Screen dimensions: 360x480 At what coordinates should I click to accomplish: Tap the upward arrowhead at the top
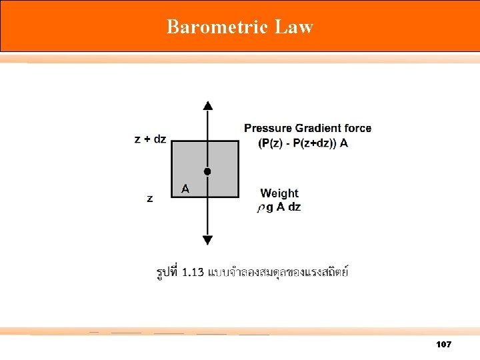(208, 105)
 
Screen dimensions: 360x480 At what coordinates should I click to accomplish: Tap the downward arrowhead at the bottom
(208, 240)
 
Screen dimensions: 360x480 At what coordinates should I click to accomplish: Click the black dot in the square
(207, 171)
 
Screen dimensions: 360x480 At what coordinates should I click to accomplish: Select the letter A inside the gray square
(185, 189)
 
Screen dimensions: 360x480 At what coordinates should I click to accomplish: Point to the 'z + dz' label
(150, 139)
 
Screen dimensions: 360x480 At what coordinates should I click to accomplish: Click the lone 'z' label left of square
(149, 198)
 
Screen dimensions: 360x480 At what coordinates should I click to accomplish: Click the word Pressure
(267, 128)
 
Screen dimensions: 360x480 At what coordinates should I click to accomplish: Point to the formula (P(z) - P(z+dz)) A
(303, 143)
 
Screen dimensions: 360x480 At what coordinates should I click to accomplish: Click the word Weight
(279, 193)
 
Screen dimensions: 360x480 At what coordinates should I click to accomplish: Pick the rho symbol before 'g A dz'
(261, 208)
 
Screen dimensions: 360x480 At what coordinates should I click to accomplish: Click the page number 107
(443, 344)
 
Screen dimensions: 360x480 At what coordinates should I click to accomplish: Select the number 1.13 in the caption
(193, 272)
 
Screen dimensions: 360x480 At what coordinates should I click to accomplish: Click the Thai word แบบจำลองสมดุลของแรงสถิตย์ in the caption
(279, 272)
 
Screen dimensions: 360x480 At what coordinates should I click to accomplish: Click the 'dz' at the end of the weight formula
(294, 207)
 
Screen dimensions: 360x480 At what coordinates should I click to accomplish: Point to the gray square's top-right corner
(238, 141)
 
